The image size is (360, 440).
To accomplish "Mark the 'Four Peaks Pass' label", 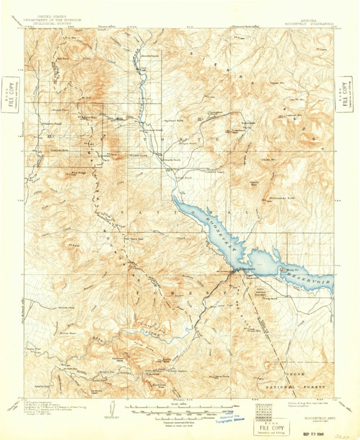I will pyautogui.click(x=116, y=235).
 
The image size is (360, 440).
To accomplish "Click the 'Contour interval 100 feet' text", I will pyautogui.click(x=180, y=419).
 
